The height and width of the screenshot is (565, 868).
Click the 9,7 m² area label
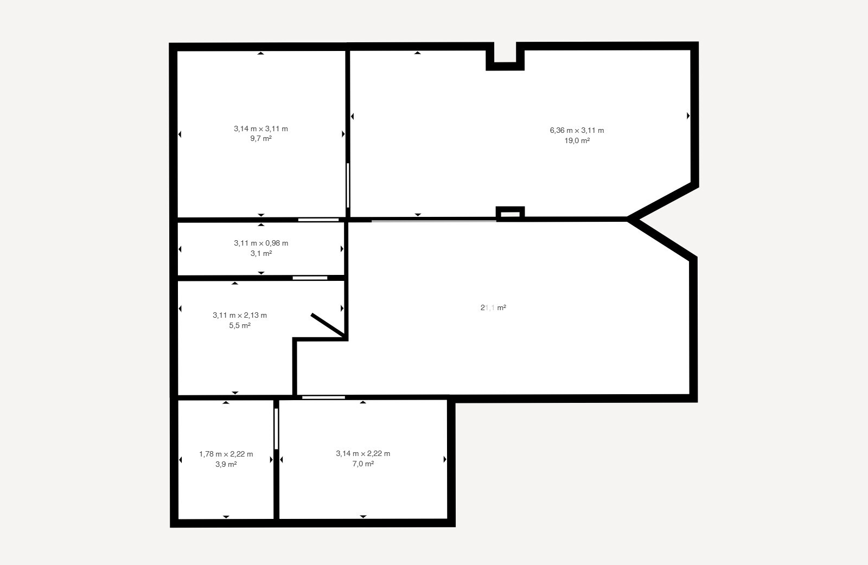click(x=261, y=139)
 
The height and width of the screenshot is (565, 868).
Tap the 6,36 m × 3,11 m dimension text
click(x=577, y=131)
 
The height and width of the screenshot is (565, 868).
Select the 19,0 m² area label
click(x=577, y=141)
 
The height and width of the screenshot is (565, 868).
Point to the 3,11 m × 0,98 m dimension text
click(x=261, y=243)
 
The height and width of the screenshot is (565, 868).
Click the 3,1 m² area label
click(x=261, y=254)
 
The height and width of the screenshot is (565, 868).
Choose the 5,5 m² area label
click(x=240, y=326)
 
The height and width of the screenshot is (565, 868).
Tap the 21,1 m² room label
click(x=493, y=308)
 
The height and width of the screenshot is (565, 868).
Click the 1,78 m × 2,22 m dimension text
click(x=226, y=454)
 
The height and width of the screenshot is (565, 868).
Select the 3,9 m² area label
click(x=226, y=465)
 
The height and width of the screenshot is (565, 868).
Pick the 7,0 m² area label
click(x=363, y=464)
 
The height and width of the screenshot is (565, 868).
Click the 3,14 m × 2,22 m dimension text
click(x=363, y=454)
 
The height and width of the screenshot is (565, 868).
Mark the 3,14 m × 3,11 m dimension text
click(x=261, y=129)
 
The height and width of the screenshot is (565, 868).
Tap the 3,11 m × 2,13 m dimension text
click(x=240, y=316)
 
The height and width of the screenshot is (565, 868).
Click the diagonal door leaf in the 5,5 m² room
click(x=328, y=325)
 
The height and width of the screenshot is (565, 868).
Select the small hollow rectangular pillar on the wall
click(x=510, y=213)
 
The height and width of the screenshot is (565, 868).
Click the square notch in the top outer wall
click(x=505, y=56)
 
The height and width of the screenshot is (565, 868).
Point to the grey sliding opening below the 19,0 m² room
click(x=433, y=220)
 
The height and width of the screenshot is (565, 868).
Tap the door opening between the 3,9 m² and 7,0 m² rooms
click(x=276, y=428)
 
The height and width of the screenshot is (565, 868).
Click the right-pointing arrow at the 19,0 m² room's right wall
click(x=688, y=115)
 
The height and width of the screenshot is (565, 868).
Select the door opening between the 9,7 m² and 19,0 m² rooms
click(x=348, y=185)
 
